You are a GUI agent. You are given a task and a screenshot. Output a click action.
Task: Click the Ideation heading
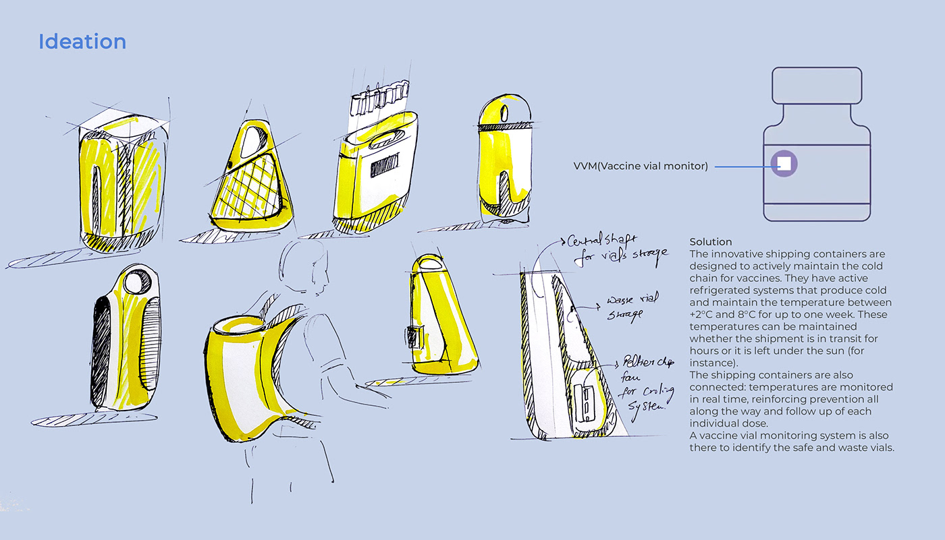coord(82,42)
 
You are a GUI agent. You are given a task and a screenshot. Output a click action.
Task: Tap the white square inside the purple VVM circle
coord(784,163)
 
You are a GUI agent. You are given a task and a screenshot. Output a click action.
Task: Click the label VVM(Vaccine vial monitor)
coord(641,167)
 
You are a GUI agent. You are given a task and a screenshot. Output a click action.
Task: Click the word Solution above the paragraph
coord(710,241)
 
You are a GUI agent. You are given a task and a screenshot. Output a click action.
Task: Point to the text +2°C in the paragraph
coord(700,314)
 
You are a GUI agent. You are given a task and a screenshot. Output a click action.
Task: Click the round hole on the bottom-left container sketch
coord(142,282)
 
